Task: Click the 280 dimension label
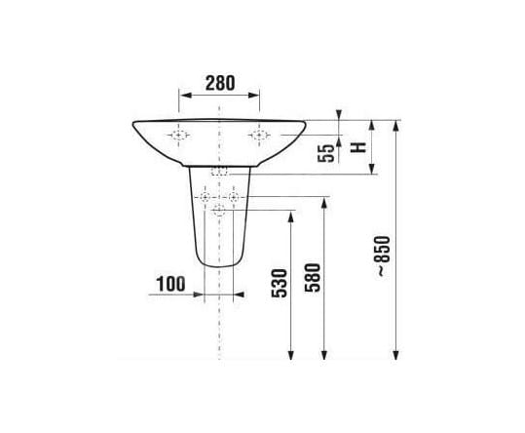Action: pos(220,83)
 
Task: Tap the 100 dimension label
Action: pos(170,284)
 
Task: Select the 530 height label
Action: pos(280,283)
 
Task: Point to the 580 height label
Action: pos(313,278)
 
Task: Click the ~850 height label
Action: pos(384,256)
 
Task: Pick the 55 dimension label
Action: pos(326,153)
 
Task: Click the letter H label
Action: pos(358,147)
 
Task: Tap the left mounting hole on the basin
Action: pos(178,135)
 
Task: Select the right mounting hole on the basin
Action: pos(259,135)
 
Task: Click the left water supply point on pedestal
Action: pos(205,197)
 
